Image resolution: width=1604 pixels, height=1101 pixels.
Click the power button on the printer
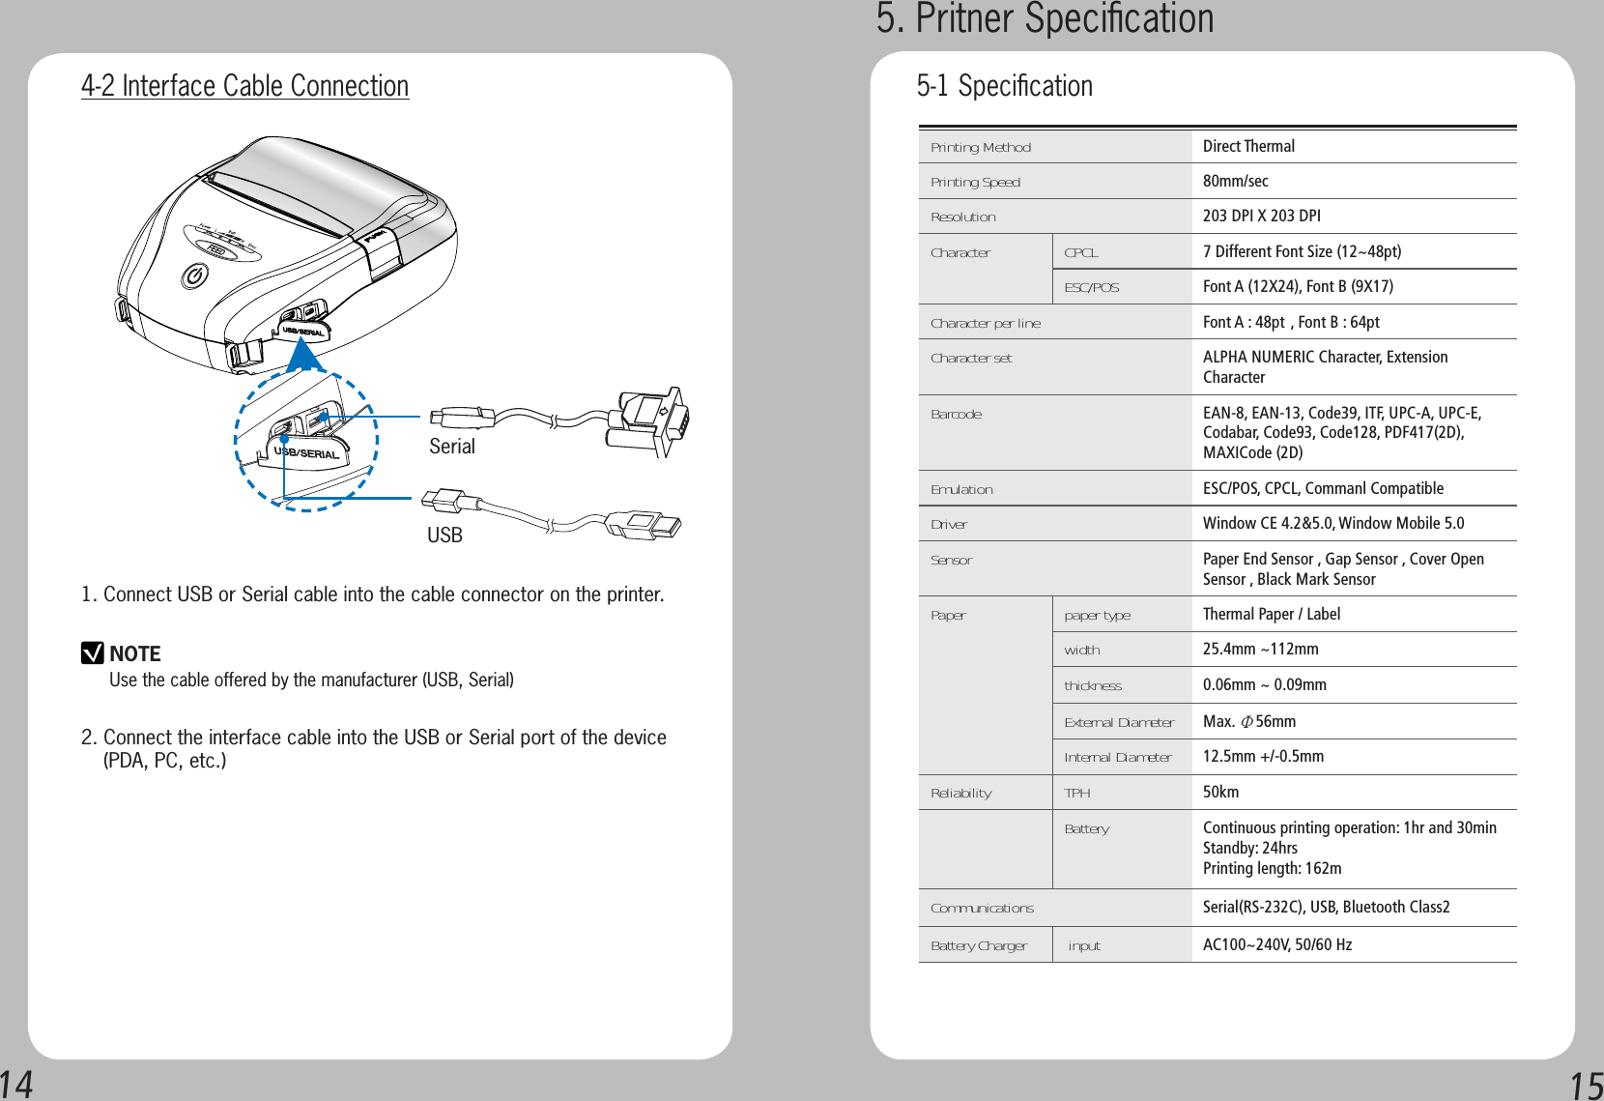pyautogui.click(x=194, y=276)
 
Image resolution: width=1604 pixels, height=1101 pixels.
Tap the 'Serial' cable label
pyautogui.click(x=452, y=447)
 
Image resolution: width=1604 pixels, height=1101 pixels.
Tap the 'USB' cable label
pyautogui.click(x=444, y=536)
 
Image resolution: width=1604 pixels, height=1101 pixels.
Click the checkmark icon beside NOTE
pyautogui.click(x=92, y=653)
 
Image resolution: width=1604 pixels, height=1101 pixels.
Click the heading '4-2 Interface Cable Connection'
pyautogui.click(x=244, y=86)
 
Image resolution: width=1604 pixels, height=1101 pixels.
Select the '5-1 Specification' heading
pyautogui.click(x=1004, y=86)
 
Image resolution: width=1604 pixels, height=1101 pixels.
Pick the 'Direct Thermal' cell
pyautogui.click(x=1248, y=146)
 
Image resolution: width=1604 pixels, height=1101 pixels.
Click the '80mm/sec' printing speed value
pyautogui.click(x=1235, y=181)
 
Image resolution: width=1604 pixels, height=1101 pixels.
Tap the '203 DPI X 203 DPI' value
pyautogui.click(x=1261, y=216)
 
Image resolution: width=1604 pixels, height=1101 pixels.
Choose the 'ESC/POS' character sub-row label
pyautogui.click(x=1091, y=287)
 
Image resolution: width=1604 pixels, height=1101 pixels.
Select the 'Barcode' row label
pyautogui.click(x=956, y=415)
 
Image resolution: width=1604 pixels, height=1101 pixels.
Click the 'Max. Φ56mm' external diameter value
pyautogui.click(x=1248, y=721)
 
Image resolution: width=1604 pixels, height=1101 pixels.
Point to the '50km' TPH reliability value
pyautogui.click(x=1220, y=792)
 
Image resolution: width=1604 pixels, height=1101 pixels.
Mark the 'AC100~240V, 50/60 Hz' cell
pyautogui.click(x=1276, y=944)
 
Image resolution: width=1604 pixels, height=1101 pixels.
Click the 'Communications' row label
pyautogui.click(x=982, y=908)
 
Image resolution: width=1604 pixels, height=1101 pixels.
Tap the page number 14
pyautogui.click(x=16, y=1084)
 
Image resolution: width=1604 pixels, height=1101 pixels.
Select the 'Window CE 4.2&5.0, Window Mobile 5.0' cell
pyautogui.click(x=1332, y=523)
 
